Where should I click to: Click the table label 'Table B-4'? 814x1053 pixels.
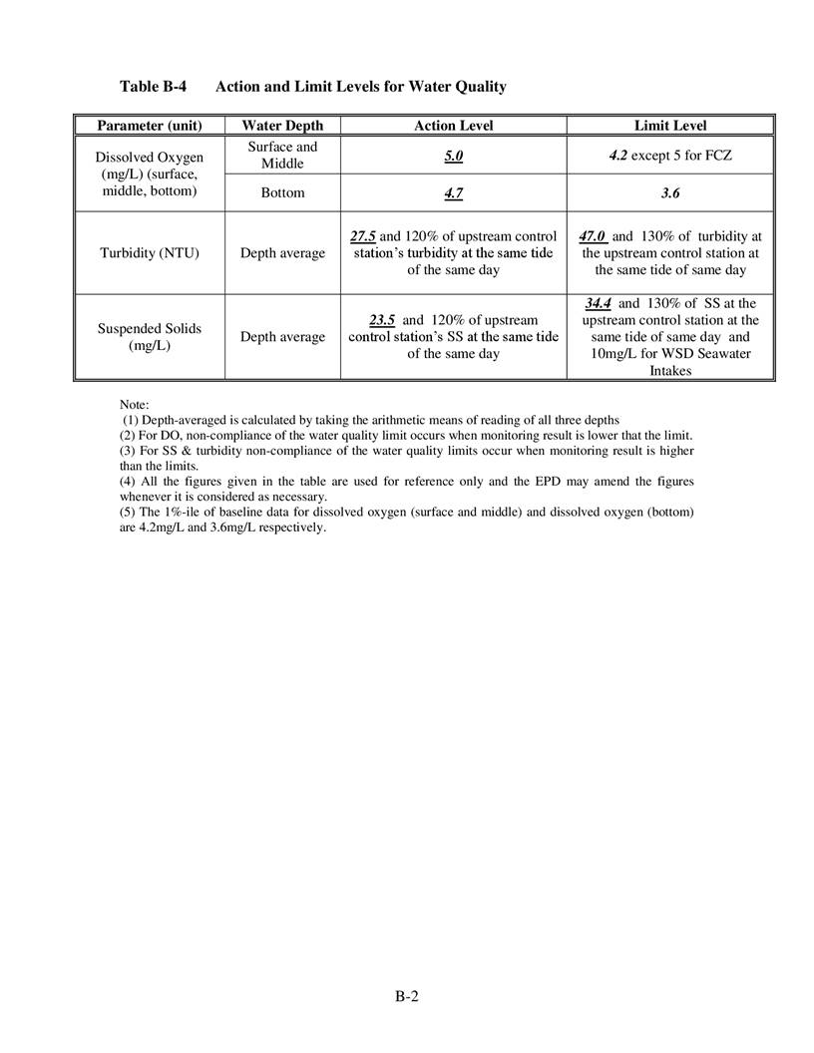pos(153,87)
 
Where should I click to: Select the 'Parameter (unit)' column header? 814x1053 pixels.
pos(150,126)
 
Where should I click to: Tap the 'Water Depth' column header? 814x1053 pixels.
pos(282,126)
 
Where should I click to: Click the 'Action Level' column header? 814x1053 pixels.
pos(453,126)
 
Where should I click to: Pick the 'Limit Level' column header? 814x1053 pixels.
pos(669,126)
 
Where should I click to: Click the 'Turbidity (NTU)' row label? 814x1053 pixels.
pos(150,253)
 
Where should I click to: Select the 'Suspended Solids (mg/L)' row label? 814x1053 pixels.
pos(150,337)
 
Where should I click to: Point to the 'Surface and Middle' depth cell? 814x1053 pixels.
pos(282,155)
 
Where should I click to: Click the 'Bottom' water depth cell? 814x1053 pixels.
pos(282,192)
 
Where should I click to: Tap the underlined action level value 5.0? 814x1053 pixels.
pos(453,156)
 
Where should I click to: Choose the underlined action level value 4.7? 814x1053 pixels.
pos(453,192)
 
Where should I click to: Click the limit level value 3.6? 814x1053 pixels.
pos(669,192)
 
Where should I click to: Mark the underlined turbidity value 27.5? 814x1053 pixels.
pos(363,236)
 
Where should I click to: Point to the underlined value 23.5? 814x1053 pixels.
pos(382,320)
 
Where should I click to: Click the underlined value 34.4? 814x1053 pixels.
pos(599,303)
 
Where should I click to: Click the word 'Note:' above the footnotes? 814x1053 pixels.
pos(134,404)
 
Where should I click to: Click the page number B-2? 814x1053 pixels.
pos(406,995)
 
